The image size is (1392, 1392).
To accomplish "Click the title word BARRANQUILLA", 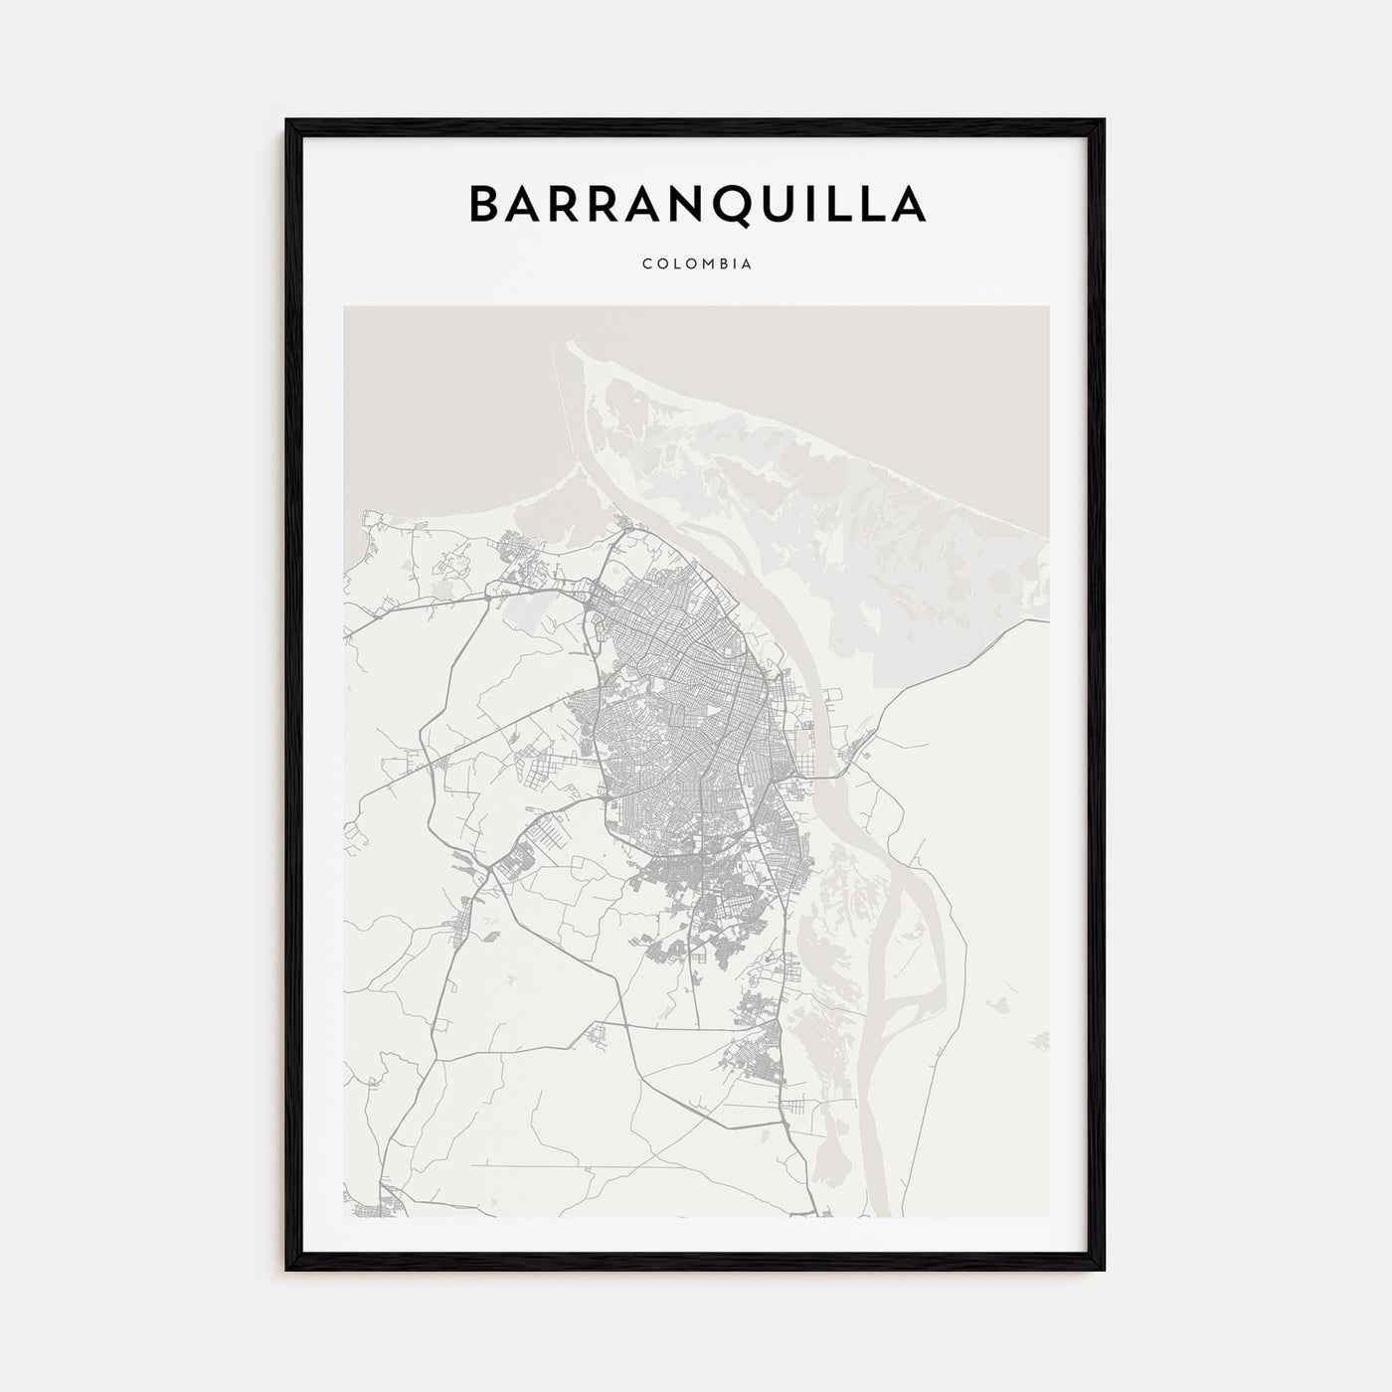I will coord(696,204).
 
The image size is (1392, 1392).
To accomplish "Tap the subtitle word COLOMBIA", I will coord(696,264).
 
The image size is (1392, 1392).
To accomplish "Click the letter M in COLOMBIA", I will coord(707,264).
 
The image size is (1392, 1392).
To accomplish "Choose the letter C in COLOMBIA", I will coord(647,264).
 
